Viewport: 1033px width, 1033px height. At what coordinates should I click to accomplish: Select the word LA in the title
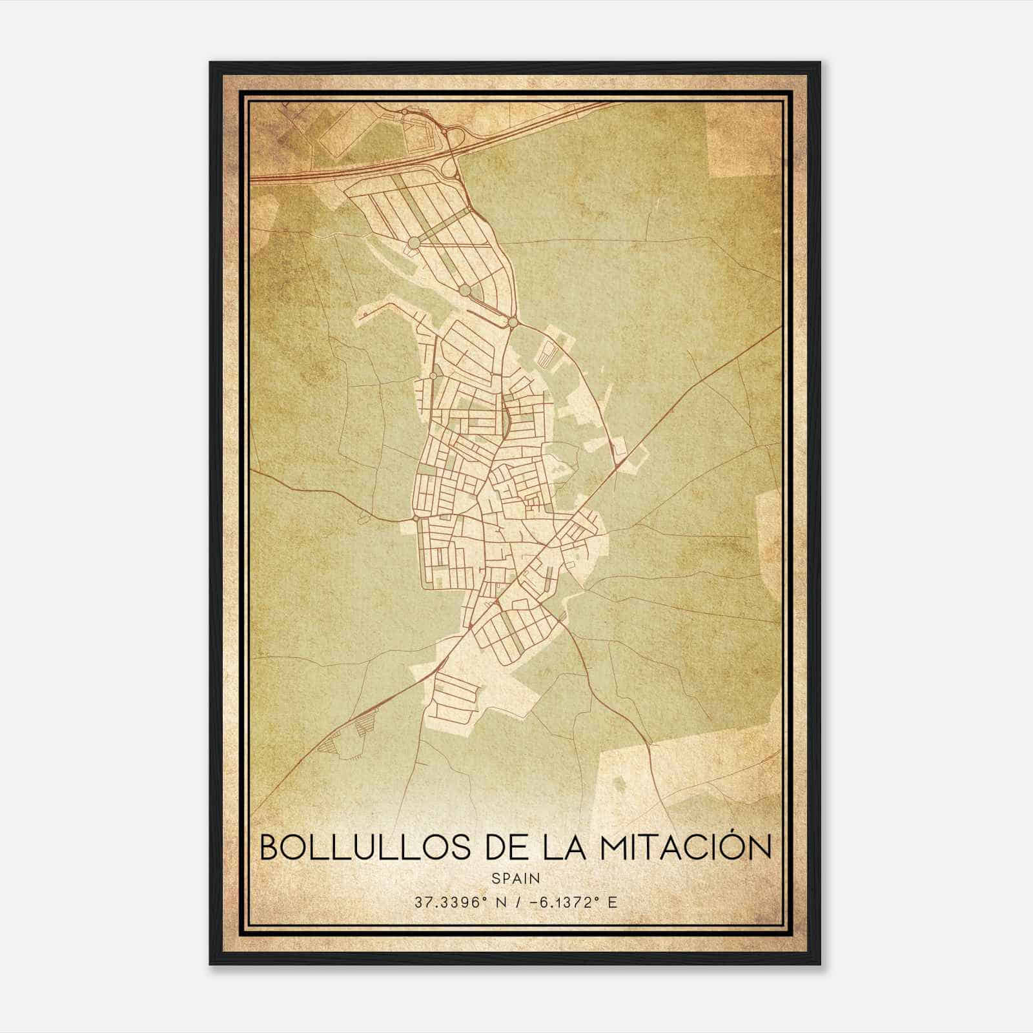point(566,847)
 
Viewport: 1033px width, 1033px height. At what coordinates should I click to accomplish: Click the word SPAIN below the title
point(516,878)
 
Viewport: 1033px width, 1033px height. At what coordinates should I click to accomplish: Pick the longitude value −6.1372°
point(560,902)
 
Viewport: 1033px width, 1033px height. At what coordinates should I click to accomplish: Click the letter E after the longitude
point(612,902)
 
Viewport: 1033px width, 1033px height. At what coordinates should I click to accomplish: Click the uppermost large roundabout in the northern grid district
point(414,242)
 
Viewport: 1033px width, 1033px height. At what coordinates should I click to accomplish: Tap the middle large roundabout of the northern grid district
point(464,290)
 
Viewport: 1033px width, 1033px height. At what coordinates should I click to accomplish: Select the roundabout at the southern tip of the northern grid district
point(512,322)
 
